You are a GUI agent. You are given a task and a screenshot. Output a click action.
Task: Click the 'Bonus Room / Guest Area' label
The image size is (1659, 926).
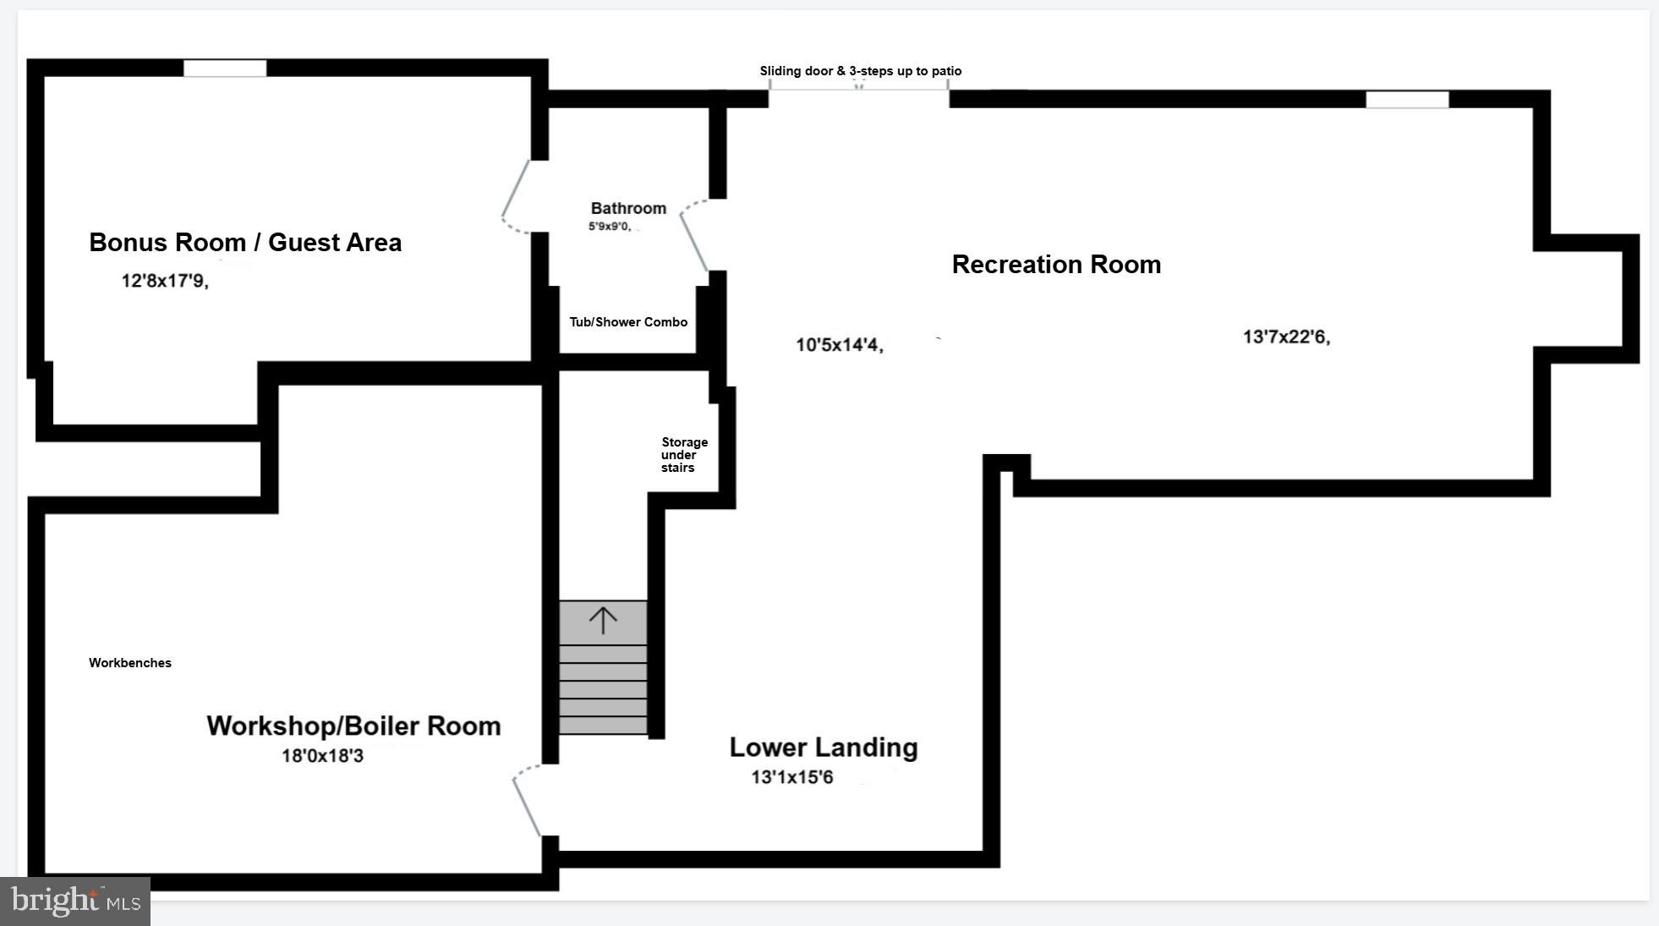click(x=245, y=243)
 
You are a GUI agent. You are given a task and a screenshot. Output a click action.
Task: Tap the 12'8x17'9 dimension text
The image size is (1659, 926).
click(x=165, y=281)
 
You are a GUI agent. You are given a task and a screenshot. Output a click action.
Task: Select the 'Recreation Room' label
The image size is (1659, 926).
click(x=1056, y=265)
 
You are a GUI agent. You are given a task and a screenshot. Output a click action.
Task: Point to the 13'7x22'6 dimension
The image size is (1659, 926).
click(x=1286, y=337)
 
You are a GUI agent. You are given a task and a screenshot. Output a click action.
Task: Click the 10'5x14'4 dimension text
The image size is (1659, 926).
click(x=839, y=345)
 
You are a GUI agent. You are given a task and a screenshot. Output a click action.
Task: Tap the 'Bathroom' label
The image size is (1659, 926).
click(x=628, y=208)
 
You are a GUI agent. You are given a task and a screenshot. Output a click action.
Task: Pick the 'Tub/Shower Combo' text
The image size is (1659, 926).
click(x=628, y=322)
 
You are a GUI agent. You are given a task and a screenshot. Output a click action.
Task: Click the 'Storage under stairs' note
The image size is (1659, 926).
click(x=683, y=455)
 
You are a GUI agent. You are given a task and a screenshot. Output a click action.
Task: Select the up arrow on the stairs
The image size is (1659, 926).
click(x=603, y=622)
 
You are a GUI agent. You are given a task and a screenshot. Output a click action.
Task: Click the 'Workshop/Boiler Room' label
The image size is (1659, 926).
click(x=353, y=726)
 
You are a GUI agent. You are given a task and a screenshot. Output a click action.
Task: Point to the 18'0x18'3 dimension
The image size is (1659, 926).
click(x=322, y=755)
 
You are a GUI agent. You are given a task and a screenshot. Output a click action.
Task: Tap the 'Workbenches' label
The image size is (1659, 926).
click(x=130, y=663)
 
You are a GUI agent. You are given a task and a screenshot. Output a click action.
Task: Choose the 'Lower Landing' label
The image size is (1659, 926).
click(x=823, y=748)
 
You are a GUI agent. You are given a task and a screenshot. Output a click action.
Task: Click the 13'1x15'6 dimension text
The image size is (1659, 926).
click(x=792, y=777)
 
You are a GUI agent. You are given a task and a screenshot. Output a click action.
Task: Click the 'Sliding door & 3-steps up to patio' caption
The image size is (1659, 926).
click(x=860, y=71)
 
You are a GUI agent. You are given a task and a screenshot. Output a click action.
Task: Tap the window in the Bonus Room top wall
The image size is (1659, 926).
click(x=225, y=68)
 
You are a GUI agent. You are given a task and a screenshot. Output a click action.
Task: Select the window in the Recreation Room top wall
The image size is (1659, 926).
click(x=1407, y=100)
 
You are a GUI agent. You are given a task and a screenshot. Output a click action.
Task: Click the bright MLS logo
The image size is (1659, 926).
click(x=75, y=901)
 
